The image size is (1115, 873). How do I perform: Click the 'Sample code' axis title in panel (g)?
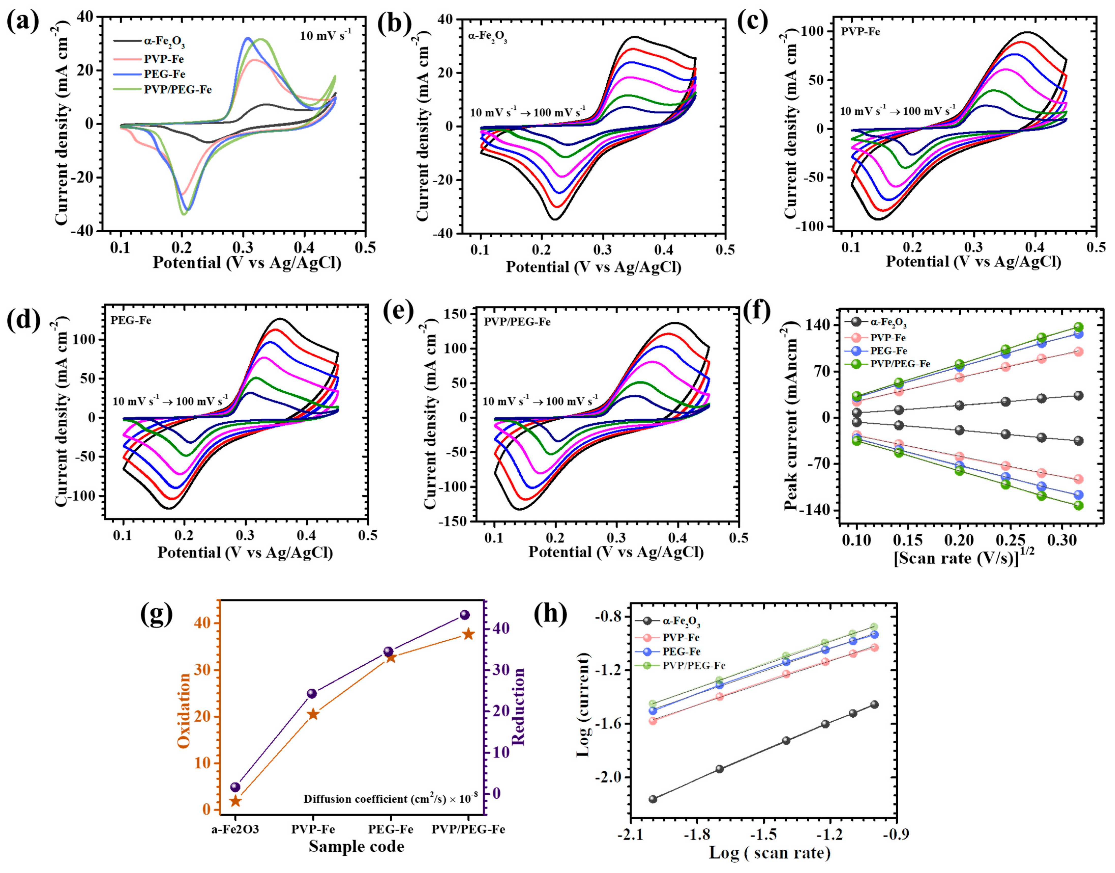point(356,846)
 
